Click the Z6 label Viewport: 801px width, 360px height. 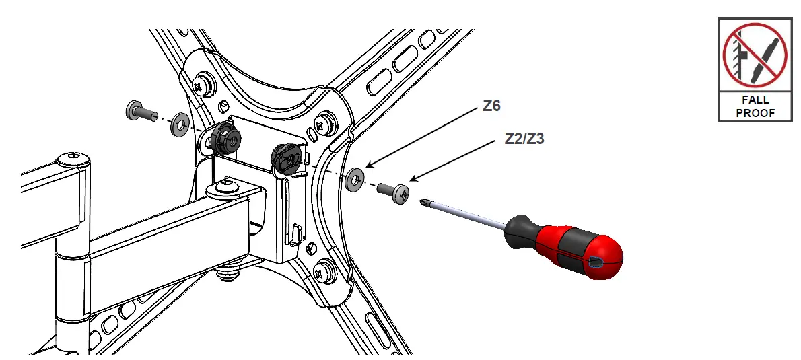491,106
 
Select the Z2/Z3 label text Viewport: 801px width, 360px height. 524,139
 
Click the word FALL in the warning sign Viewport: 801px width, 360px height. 755,100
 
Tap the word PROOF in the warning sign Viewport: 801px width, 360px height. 755,113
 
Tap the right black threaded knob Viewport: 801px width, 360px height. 285,159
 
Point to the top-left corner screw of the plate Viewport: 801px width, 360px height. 200,85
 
